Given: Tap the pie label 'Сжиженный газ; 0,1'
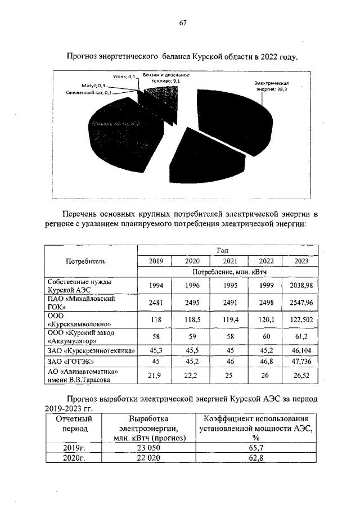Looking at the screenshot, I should pyautogui.click(x=89, y=92).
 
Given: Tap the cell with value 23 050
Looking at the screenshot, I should pyautogui.click(x=148, y=448).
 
